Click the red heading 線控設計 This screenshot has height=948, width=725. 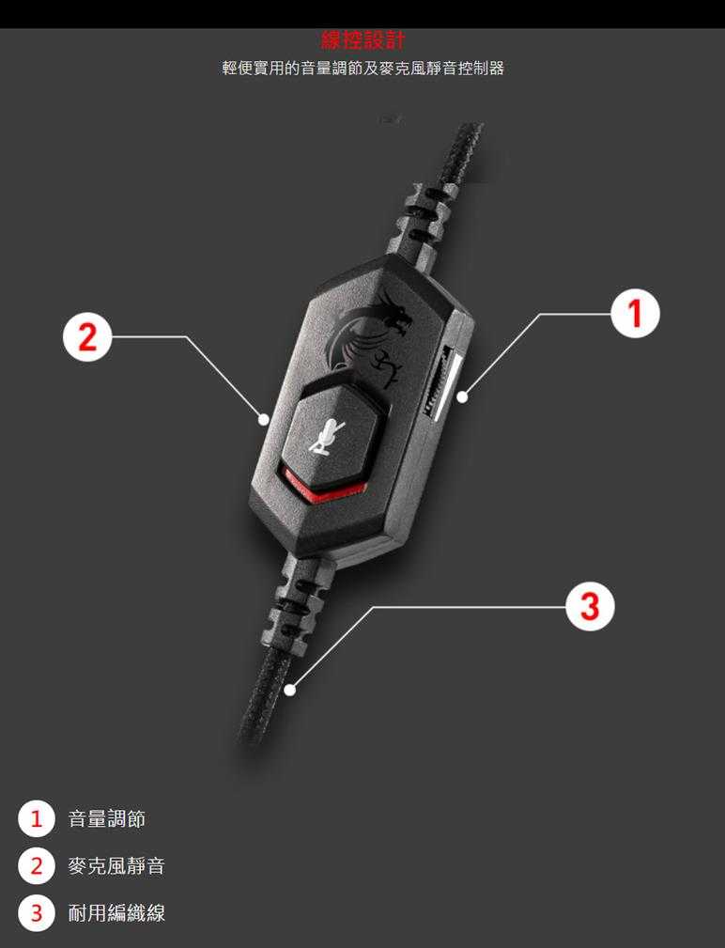point(362,40)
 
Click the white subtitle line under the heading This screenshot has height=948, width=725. point(362,68)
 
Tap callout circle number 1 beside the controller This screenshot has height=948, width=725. point(635,313)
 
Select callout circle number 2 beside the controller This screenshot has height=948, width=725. point(87,336)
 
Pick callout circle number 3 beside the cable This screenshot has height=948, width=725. point(591,606)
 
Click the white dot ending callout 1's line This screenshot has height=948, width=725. point(462,397)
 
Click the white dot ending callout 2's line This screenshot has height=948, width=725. point(263,418)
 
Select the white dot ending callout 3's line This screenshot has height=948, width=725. point(290,690)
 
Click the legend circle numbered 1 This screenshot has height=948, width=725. point(37,819)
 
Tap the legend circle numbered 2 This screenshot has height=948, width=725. point(37,865)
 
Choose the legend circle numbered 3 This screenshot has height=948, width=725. point(37,912)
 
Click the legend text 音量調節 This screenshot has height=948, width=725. point(106,819)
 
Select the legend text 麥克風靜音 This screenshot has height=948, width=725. point(116,865)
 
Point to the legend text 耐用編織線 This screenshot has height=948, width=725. point(116,912)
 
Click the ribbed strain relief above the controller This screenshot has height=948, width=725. point(421,222)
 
